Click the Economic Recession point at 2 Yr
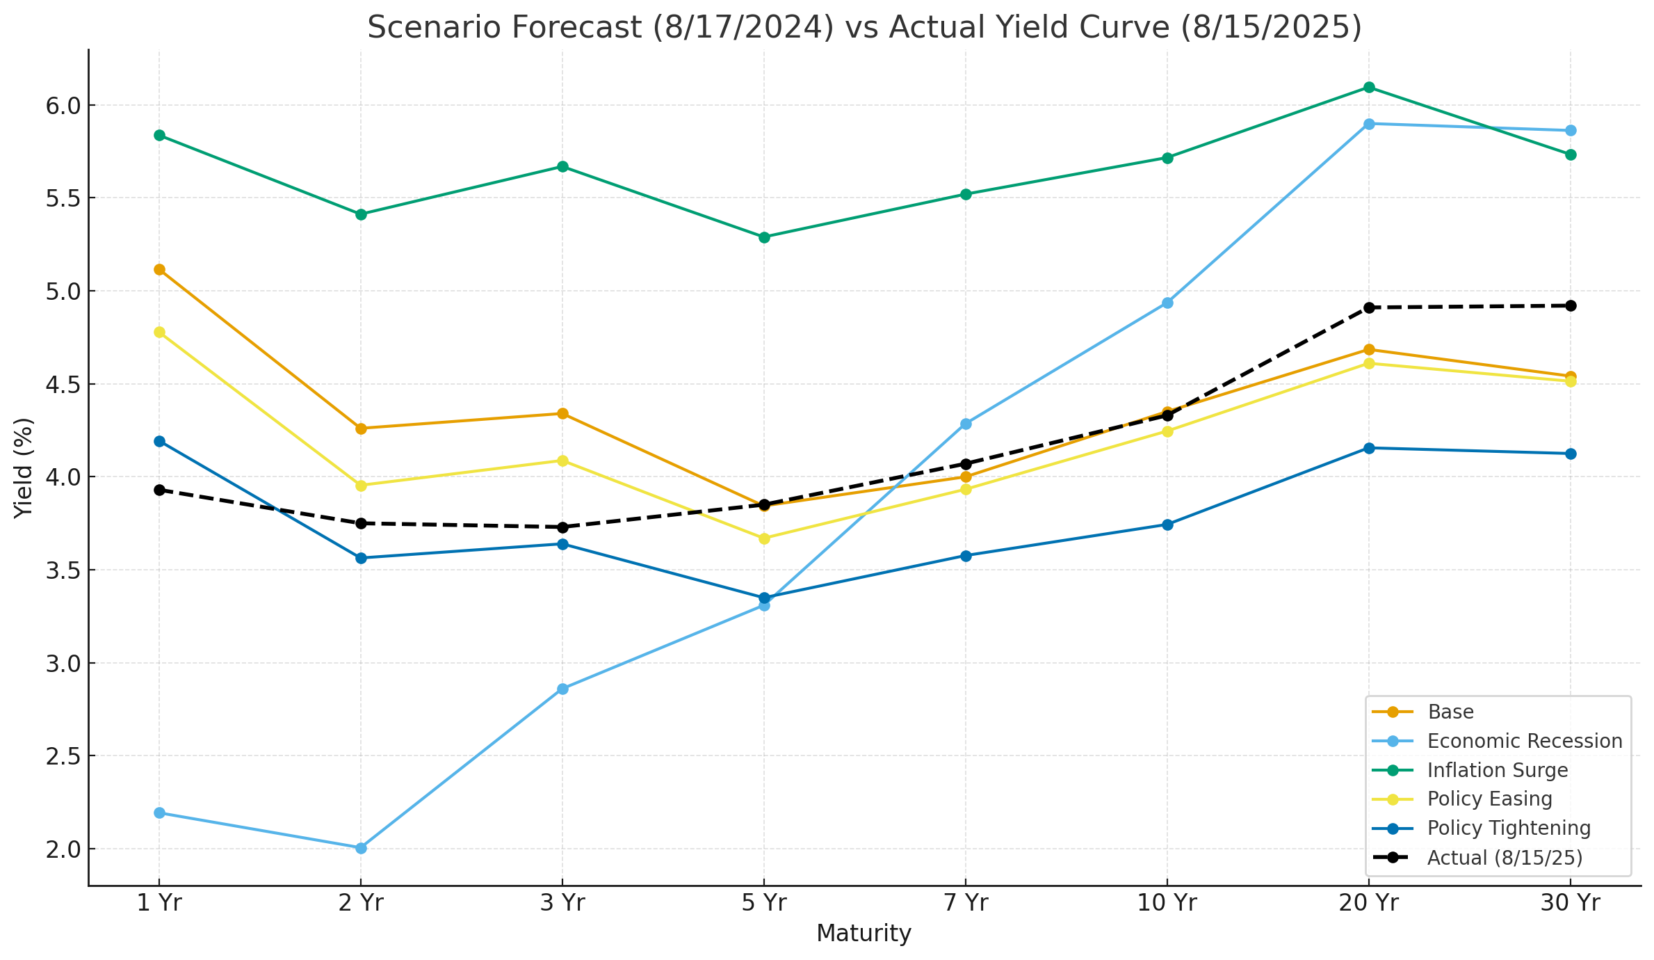[x=361, y=848]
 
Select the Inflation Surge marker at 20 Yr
[x=1369, y=87]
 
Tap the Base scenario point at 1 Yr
[x=159, y=269]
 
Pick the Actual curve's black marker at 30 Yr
[x=1571, y=305]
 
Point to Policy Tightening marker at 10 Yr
[x=1167, y=525]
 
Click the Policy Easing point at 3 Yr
[x=562, y=461]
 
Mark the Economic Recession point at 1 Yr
[x=159, y=813]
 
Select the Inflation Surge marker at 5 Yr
[x=764, y=237]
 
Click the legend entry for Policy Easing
[x=1489, y=799]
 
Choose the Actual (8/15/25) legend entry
[x=1505, y=857]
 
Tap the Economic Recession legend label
[x=1525, y=741]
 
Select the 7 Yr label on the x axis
[x=965, y=903]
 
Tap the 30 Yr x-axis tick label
[x=1570, y=903]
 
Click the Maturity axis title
[x=864, y=934]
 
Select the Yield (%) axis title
[x=24, y=467]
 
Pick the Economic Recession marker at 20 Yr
[x=1369, y=124]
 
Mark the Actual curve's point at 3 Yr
[x=562, y=527]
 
